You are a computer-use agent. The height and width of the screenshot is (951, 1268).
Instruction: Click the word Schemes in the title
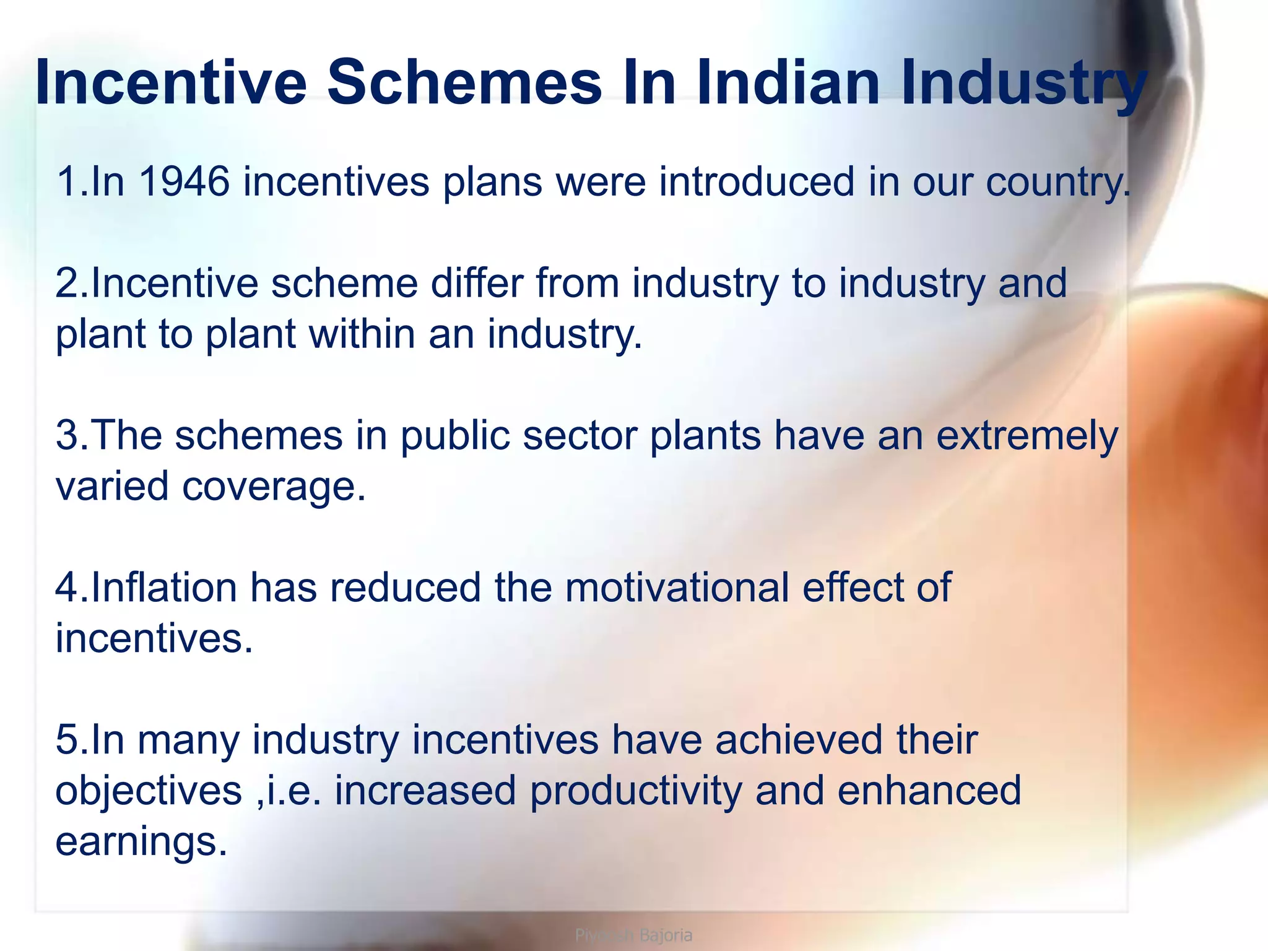(464, 83)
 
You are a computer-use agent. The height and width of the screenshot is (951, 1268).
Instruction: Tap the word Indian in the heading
(788, 83)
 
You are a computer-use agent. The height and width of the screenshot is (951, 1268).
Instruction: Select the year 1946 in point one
(185, 182)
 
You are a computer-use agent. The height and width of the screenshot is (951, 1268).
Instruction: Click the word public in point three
(455, 436)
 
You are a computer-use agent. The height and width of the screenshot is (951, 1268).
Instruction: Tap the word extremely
(1027, 436)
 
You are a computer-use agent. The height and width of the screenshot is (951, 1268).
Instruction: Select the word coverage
(272, 487)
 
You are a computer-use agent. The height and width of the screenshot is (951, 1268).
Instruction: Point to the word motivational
(677, 588)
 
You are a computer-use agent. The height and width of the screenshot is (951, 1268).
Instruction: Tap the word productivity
(636, 792)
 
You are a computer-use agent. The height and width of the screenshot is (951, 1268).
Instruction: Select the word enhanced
(929, 791)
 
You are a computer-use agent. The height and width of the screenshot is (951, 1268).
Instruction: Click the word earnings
(141, 843)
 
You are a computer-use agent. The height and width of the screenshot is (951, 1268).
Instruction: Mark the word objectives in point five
(149, 792)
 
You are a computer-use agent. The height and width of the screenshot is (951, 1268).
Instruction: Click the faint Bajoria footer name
(666, 935)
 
